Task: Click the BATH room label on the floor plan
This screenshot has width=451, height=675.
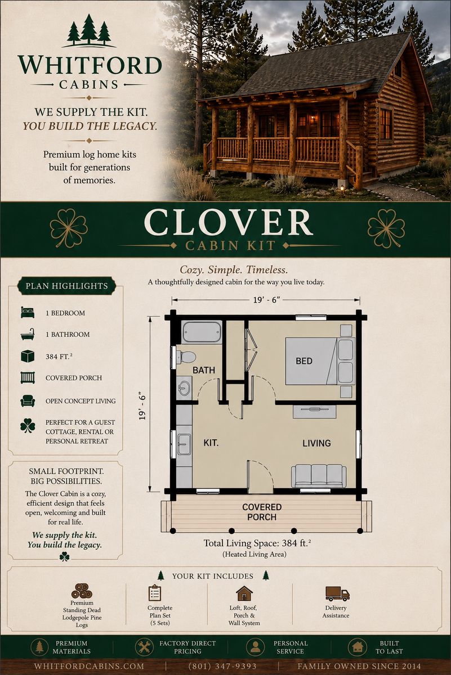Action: tap(204, 370)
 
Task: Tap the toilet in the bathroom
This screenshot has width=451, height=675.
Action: tap(186, 357)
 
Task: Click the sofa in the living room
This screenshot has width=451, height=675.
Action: tap(319, 475)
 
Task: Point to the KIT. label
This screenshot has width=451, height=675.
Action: tap(211, 443)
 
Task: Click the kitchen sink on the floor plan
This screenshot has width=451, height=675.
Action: tap(184, 444)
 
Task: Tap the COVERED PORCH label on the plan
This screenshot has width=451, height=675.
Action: tap(262, 512)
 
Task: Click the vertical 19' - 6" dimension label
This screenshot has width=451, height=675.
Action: tap(142, 406)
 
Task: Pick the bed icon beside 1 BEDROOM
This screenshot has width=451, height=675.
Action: tap(28, 313)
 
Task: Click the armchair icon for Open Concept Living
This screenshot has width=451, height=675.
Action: tap(28, 400)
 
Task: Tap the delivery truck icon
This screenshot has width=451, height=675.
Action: tap(337, 593)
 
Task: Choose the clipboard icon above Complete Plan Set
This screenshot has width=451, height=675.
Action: tap(155, 593)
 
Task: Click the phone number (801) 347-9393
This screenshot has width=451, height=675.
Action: tap(222, 666)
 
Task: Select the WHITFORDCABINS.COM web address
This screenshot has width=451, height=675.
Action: tap(89, 666)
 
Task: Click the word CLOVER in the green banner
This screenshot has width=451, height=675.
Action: tap(229, 223)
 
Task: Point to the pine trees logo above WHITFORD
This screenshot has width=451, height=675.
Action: tap(89, 31)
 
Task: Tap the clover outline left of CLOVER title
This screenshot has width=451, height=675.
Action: tap(69, 228)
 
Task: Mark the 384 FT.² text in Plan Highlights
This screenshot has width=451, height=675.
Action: tap(59, 357)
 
